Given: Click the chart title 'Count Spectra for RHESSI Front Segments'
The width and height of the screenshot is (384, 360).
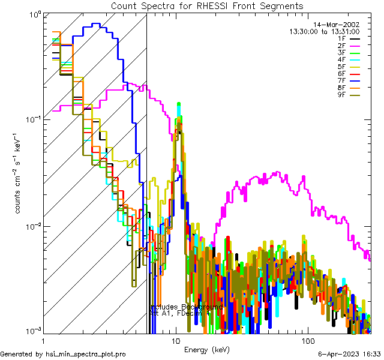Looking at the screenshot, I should tap(207, 6).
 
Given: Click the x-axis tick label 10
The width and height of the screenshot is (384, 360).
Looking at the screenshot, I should tap(176, 340).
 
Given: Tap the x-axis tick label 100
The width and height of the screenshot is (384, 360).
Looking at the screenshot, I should tap(307, 340).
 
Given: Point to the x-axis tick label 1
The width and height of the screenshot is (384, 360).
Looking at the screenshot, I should tap(44, 340).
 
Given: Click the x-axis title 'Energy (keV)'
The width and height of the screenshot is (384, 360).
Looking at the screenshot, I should tap(206, 349).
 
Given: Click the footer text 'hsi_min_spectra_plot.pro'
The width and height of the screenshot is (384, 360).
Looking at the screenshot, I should tap(86, 355).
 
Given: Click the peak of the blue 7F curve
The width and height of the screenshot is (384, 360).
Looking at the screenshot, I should tap(95, 24).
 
